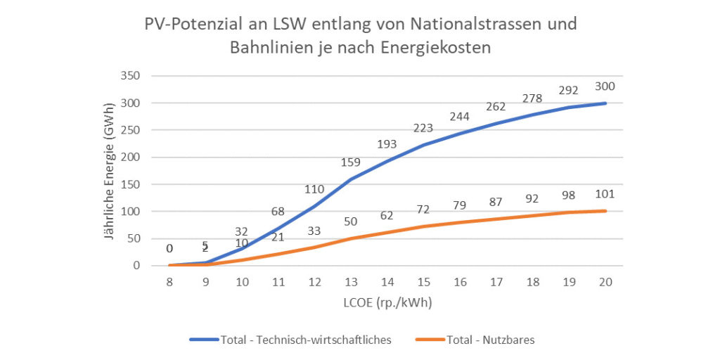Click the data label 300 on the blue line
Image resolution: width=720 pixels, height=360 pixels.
605,86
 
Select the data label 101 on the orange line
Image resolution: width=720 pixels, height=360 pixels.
605,194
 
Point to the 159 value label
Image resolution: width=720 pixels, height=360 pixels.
351,162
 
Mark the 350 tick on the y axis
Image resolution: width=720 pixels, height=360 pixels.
131,76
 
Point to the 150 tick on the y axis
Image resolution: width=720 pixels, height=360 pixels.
131,184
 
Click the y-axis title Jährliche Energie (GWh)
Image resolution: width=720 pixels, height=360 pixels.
110,172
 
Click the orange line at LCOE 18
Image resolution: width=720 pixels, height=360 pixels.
532,216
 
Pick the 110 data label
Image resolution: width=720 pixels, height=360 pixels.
314,189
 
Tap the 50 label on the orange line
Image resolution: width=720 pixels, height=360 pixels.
351,221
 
